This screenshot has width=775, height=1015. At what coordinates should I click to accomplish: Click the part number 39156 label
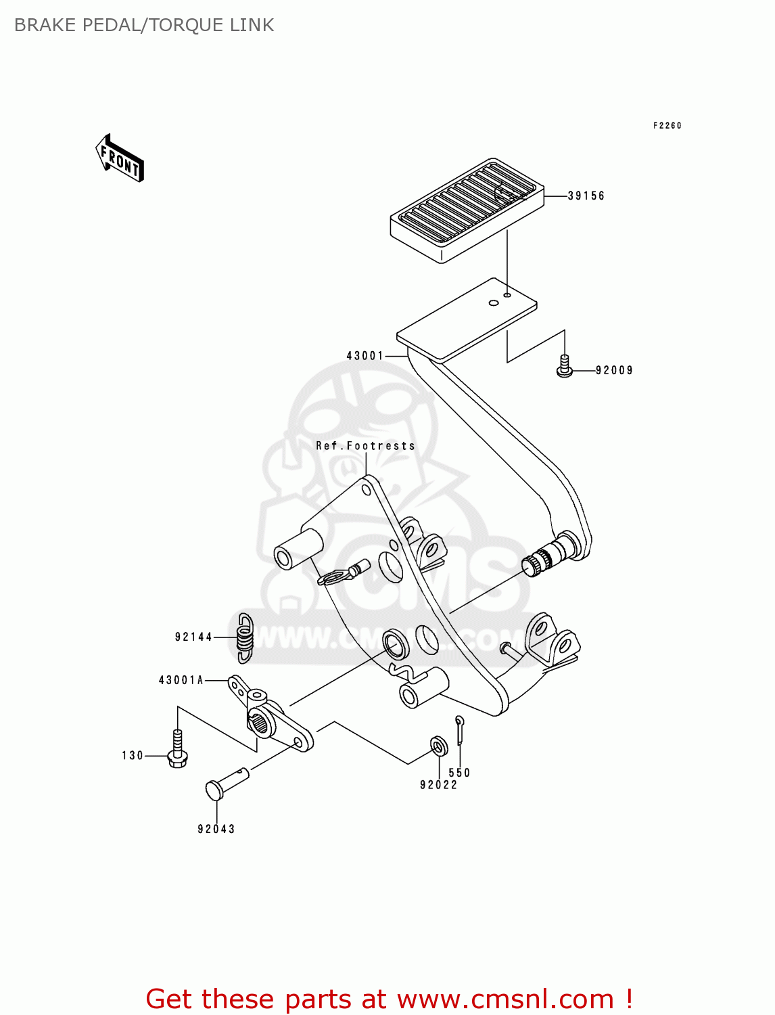click(586, 196)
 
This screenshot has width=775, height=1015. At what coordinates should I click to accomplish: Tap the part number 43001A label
click(181, 680)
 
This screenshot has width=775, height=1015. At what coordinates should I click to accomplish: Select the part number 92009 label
click(614, 370)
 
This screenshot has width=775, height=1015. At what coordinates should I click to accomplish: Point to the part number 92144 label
click(193, 637)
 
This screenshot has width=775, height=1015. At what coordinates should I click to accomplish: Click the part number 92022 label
click(438, 785)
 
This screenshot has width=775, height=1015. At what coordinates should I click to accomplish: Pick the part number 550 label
click(459, 773)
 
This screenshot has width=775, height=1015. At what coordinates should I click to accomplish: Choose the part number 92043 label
click(216, 829)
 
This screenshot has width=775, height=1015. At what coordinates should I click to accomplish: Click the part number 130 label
click(133, 755)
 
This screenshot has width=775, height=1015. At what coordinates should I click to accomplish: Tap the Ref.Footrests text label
click(365, 446)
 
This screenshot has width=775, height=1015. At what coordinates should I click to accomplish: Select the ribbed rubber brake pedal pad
click(467, 208)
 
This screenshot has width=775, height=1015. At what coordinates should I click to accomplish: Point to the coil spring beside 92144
click(244, 637)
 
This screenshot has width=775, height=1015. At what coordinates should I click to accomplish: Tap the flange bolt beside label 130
click(177, 750)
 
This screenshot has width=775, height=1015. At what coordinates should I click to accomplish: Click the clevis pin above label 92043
click(226, 782)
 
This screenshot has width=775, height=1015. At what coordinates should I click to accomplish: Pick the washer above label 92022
click(439, 746)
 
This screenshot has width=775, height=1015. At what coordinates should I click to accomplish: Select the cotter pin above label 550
click(460, 729)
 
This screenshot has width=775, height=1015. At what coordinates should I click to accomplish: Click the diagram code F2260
click(667, 125)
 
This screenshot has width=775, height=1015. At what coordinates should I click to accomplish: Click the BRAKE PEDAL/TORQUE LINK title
click(144, 25)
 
